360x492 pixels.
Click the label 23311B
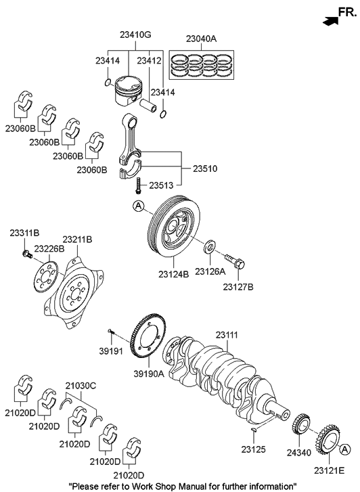[x=24, y=233]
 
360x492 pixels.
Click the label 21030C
[x=81, y=384]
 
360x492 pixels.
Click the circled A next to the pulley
[x=138, y=206]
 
